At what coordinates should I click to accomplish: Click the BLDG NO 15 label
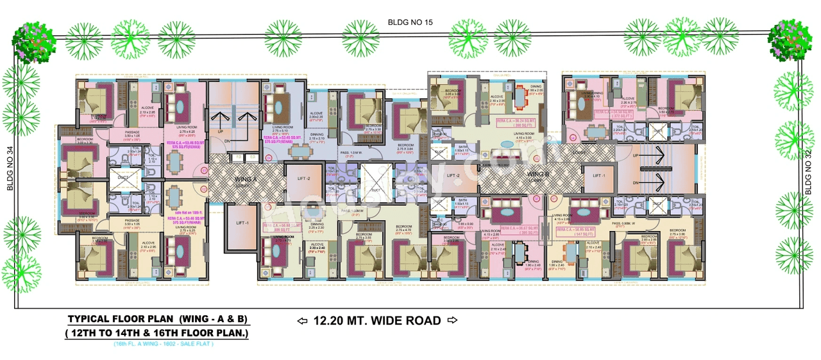[410, 22]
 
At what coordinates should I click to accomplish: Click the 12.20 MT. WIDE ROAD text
[377, 321]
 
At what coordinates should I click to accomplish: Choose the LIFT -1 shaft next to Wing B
[598, 175]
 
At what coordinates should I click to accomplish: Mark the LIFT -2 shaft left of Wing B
[453, 175]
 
